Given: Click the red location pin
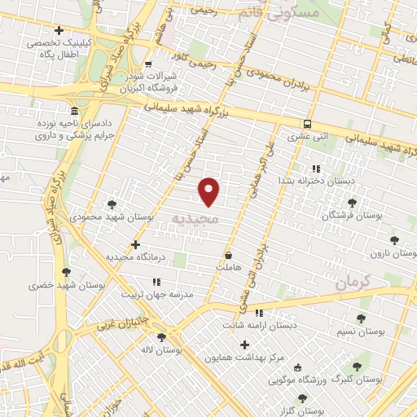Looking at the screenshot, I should tap(209, 191).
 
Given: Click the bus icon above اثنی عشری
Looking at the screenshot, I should tap(307, 124).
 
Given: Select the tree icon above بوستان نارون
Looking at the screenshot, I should tap(395, 240).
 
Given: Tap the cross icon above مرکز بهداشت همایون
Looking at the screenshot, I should tap(244, 345).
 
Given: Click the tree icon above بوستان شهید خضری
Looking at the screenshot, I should tap(66, 273).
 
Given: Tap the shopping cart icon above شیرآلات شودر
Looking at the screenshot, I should tap(147, 64).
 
